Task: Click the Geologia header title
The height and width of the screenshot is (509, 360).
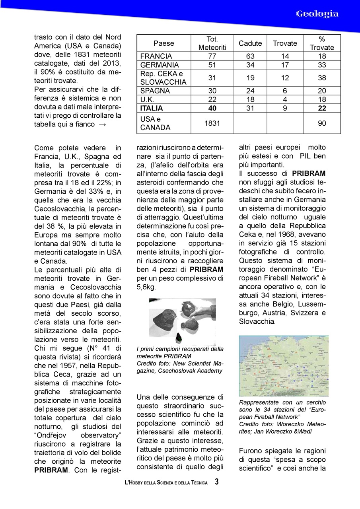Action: [317, 14]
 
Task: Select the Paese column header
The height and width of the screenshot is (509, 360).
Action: [164, 43]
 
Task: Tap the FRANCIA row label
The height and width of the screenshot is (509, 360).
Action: [156, 56]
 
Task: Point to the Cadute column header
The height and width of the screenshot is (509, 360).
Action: [250, 43]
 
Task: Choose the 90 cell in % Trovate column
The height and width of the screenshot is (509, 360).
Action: [322, 124]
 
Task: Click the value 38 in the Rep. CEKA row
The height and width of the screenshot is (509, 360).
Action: [322, 78]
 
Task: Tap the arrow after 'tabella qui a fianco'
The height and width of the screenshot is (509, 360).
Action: [101, 124]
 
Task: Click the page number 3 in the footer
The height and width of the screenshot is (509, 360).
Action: [216, 482]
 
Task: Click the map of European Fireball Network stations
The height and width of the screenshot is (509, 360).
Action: [284, 366]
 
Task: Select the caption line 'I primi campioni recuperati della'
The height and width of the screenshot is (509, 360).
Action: [180, 349]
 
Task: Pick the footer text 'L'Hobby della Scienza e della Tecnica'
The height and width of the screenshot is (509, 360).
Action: [166, 483]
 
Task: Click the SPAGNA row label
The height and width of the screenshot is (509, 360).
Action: [155, 91]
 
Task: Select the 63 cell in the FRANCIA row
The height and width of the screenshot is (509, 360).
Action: [250, 56]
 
